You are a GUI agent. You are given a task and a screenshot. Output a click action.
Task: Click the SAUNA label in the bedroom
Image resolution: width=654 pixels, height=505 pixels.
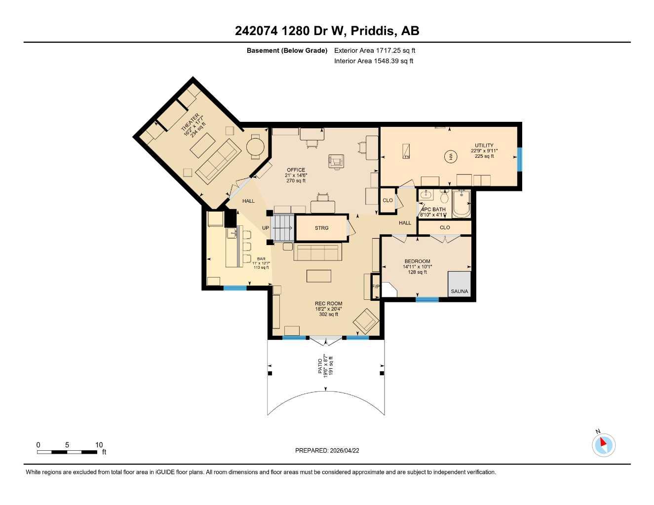pyautogui.click(x=459, y=291)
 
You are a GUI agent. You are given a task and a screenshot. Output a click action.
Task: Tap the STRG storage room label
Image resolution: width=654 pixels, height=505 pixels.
pyautogui.click(x=321, y=228)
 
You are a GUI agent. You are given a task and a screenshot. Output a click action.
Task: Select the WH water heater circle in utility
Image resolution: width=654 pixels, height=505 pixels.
pyautogui.click(x=450, y=157)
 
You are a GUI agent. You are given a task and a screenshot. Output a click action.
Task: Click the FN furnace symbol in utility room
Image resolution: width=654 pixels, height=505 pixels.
pyautogui.click(x=406, y=151)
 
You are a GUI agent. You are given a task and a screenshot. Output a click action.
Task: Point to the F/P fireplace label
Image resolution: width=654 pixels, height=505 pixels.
pyautogui.click(x=375, y=287)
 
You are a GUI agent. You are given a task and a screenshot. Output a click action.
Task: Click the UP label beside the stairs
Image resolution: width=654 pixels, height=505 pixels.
pyautogui.click(x=266, y=228)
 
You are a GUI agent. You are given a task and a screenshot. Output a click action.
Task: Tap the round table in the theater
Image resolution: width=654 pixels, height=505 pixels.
pyautogui.click(x=256, y=146)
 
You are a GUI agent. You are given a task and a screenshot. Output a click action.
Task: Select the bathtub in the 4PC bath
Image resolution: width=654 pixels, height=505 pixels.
pyautogui.click(x=462, y=204)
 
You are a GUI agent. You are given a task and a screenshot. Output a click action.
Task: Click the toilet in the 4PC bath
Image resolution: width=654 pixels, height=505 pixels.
pyautogui.click(x=444, y=197)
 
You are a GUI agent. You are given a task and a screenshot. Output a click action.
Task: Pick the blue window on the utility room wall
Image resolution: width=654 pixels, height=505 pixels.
pyautogui.click(x=519, y=159)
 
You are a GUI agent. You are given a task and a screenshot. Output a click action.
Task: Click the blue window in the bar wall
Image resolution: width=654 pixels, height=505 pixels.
pyautogui.click(x=235, y=288)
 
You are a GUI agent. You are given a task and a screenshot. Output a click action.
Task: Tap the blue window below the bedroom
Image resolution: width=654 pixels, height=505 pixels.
pyautogui.click(x=427, y=299)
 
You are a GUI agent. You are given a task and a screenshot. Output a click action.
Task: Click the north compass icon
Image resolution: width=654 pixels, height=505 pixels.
pyautogui.click(x=603, y=444)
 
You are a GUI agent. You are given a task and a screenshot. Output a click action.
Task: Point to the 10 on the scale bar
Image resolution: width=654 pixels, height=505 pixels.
pyautogui.click(x=99, y=445)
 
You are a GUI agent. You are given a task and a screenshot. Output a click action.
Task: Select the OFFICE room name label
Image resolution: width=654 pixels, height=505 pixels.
pyautogui.click(x=296, y=170)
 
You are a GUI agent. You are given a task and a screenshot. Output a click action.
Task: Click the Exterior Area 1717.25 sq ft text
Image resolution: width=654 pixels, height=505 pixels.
pyautogui.click(x=375, y=50)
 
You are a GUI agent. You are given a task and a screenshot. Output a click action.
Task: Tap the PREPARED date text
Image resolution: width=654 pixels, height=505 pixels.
pyautogui.click(x=327, y=450)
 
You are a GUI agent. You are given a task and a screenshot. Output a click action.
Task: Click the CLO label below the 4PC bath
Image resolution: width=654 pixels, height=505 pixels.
pyautogui.click(x=445, y=227)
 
